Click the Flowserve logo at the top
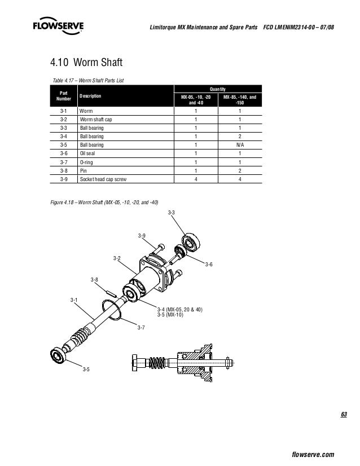tap(58, 25)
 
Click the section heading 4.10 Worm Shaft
tap(86, 63)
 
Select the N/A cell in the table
tap(240, 145)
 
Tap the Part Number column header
tap(64, 96)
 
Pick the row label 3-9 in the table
tap(64, 179)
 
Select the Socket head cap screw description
tap(103, 179)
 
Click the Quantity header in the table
tap(218, 89)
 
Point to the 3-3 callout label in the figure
tap(171, 213)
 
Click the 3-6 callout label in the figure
tap(209, 264)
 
